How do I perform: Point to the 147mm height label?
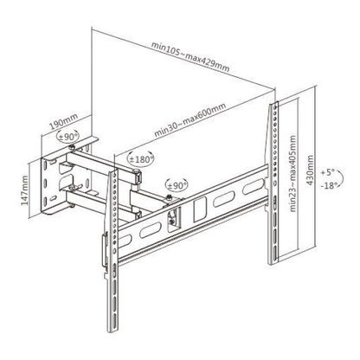tap(26, 184)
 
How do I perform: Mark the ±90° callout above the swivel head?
tap(178, 184)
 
